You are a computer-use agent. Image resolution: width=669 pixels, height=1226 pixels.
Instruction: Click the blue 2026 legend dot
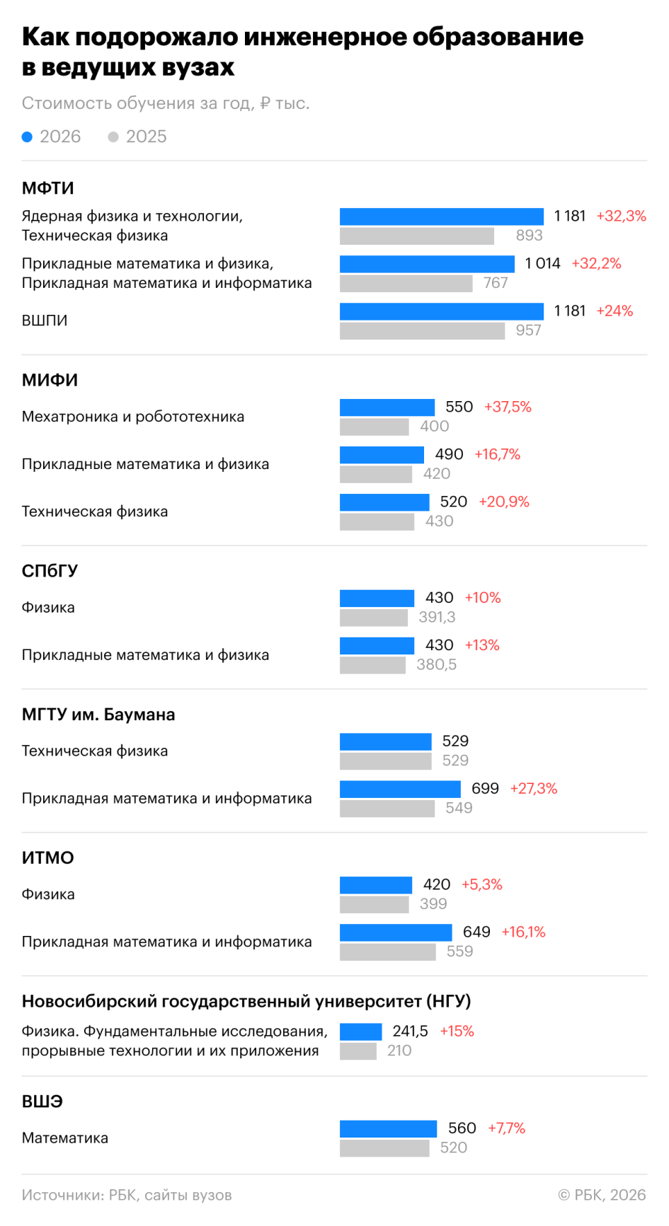(x=27, y=137)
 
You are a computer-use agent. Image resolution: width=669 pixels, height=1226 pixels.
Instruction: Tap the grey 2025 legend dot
(x=113, y=137)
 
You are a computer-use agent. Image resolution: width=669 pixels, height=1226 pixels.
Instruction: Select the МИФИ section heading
(x=50, y=380)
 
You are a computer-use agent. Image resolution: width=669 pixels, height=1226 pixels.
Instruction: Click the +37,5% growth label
(x=508, y=407)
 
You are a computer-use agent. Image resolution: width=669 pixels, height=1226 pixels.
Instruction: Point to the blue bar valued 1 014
(x=427, y=264)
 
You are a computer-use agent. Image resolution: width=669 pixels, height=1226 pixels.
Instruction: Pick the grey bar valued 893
(x=417, y=236)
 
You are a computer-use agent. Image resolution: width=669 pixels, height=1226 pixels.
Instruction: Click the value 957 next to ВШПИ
(x=529, y=330)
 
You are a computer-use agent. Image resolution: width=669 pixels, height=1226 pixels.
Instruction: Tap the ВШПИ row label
(x=45, y=320)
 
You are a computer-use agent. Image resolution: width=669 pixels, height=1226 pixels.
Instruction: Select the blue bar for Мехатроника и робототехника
(x=387, y=407)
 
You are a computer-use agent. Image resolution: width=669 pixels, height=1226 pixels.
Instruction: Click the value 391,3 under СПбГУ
(x=437, y=617)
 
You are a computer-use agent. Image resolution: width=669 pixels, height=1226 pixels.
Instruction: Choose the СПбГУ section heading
(x=50, y=571)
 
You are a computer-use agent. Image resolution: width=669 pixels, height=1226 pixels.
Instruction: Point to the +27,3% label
(x=534, y=788)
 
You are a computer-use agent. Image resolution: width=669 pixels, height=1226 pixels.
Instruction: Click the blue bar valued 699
(x=400, y=789)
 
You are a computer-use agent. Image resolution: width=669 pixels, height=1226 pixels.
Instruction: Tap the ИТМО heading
(x=48, y=857)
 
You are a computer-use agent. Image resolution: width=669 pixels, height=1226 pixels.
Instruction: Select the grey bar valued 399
(x=374, y=905)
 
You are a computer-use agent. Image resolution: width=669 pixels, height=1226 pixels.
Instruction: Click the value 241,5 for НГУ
(x=411, y=1031)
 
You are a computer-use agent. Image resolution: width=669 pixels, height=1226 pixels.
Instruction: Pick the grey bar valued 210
(x=358, y=1051)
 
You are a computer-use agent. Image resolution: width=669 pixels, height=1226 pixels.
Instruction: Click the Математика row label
(x=65, y=1138)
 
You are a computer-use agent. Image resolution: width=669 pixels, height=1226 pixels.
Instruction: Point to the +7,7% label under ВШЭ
(x=507, y=1128)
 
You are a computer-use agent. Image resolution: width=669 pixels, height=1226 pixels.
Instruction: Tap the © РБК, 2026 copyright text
(x=602, y=1195)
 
